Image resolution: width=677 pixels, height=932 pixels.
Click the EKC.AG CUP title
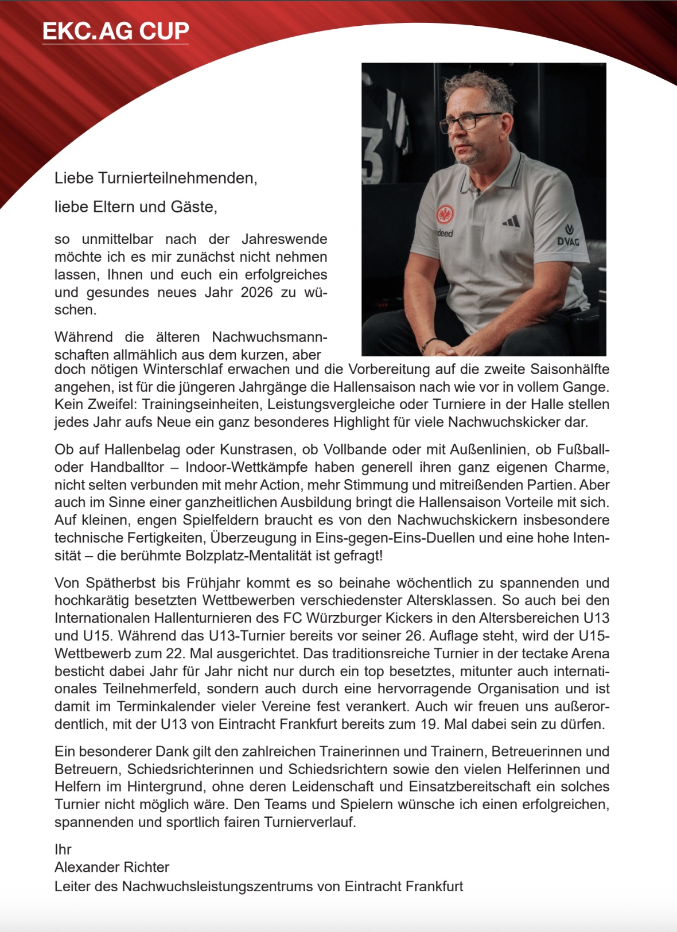(115, 31)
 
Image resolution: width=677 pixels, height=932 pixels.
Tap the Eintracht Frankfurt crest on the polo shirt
(445, 215)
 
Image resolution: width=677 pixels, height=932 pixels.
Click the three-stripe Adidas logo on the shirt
(511, 221)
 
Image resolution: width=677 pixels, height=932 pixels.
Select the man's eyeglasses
(470, 121)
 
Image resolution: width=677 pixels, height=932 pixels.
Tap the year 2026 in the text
(256, 292)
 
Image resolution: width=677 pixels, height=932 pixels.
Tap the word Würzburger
(345, 618)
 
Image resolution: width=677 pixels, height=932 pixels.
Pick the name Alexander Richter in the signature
(112, 867)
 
